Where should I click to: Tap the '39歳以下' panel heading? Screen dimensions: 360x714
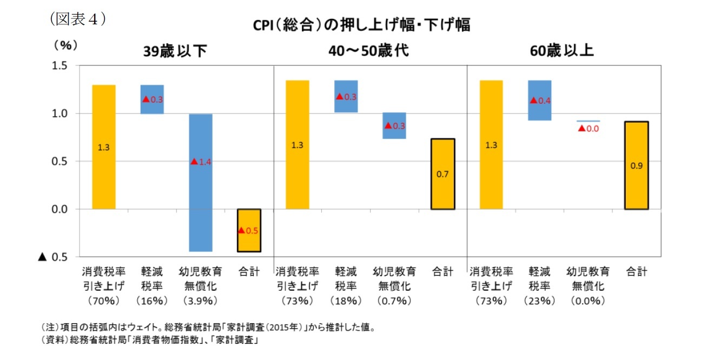175,51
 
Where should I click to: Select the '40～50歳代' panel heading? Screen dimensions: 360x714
368,51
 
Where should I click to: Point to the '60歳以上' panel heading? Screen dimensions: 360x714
562,51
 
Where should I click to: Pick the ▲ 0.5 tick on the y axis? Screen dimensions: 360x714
52,257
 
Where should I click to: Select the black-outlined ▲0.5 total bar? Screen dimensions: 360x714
249,230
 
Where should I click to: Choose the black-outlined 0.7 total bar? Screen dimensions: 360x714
442,174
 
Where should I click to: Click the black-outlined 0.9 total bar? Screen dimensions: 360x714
636,165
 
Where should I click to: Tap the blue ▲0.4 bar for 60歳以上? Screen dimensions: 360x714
539,101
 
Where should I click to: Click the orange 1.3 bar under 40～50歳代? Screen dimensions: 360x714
297,145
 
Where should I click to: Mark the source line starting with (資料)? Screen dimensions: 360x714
149,341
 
